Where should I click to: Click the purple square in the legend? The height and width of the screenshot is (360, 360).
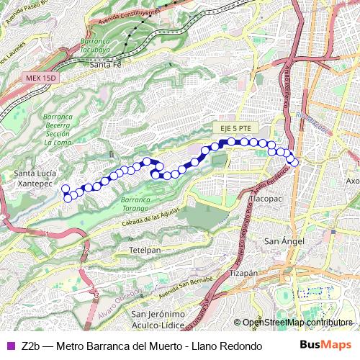click(9, 346)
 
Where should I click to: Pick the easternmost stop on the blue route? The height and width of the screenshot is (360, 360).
click(294, 162)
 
